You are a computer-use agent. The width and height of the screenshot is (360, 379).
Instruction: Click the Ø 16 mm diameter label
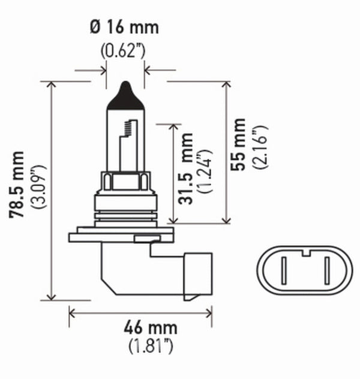(x=125, y=28)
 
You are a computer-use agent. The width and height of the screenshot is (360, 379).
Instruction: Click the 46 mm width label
(x=142, y=327)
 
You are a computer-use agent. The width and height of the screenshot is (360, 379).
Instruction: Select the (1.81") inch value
(x=142, y=346)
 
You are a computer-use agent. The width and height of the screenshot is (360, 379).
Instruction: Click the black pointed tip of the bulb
(x=125, y=95)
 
